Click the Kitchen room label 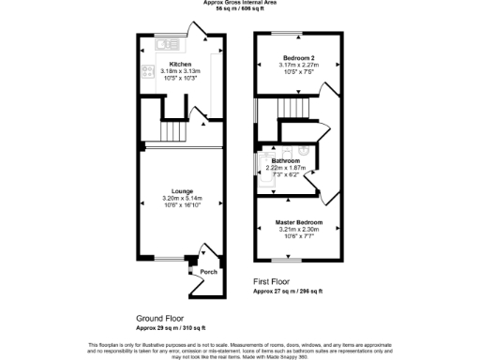pos(180,65)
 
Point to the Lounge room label pos(182,192)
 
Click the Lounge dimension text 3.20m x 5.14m pos(182,199)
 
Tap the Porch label pos(208,272)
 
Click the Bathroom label pos(285,160)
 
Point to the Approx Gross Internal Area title pos(239,3)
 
